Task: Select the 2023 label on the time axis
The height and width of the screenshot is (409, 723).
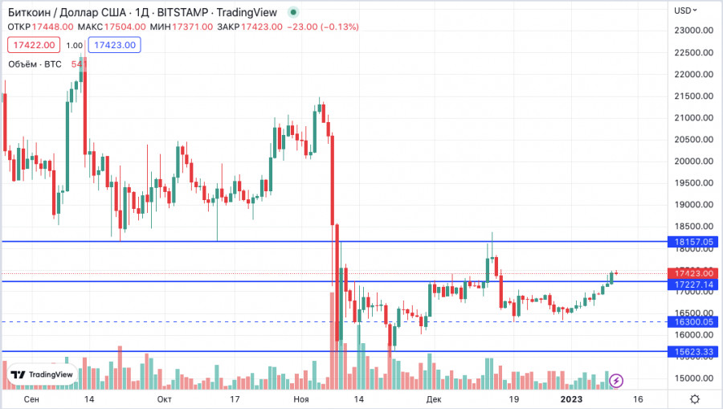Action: coord(571,399)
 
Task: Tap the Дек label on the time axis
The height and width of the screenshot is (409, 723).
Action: coord(434,399)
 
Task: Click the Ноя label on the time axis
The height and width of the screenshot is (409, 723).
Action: coord(301,399)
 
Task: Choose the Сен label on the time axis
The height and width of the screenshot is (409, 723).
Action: coord(31,399)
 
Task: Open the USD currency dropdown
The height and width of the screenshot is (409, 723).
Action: coord(686,10)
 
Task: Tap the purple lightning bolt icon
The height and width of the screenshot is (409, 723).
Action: coord(616,380)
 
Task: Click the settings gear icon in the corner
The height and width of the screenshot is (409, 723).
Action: coord(694,399)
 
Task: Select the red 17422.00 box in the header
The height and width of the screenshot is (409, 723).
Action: coord(34,46)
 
